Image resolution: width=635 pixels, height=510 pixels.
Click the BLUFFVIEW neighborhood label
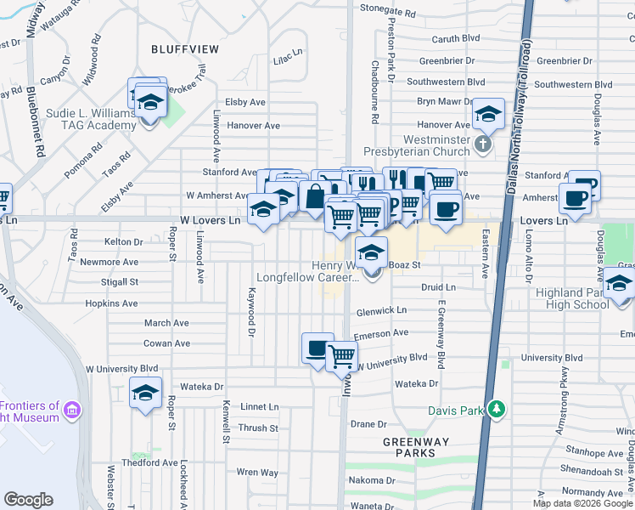184,49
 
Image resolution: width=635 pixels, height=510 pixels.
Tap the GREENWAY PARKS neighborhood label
409,447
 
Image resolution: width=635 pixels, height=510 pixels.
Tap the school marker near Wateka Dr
144,394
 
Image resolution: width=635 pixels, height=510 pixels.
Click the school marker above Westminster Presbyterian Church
488,114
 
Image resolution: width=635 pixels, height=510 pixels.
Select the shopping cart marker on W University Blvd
341,357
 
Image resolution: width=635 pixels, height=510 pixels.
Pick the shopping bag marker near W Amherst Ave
314,197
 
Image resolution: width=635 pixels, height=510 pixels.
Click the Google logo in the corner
28,499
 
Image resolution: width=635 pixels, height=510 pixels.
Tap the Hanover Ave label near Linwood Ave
252,126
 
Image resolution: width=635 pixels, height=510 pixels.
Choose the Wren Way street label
257,472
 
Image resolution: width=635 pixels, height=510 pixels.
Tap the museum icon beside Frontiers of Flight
72,411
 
